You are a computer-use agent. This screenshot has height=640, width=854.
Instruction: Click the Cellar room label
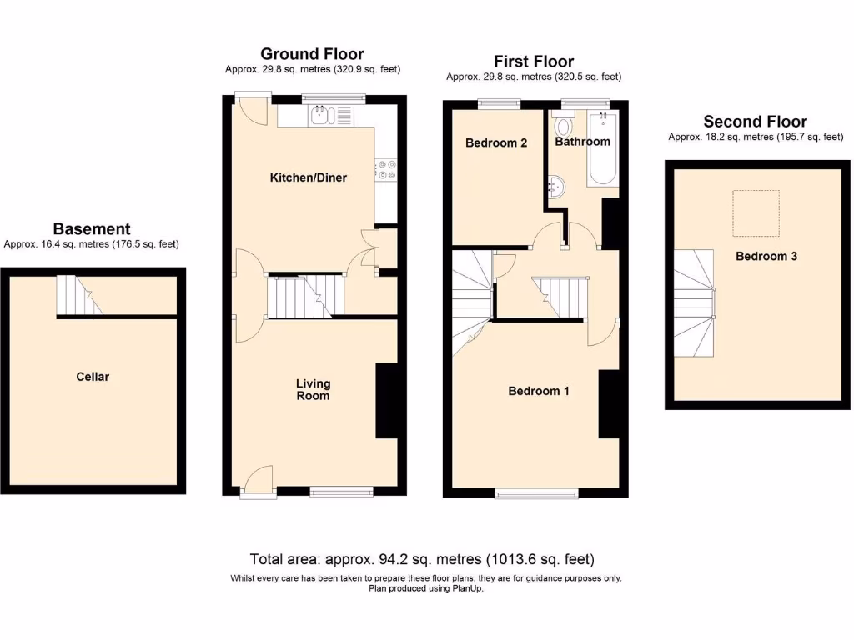[x=93, y=377]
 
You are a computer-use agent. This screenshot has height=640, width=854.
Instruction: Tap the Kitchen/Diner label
[x=308, y=177]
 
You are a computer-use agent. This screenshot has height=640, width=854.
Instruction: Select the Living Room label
[x=314, y=389]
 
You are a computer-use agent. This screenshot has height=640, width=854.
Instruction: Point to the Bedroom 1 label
[x=539, y=391]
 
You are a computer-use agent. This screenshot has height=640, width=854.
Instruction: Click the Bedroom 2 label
[x=496, y=142]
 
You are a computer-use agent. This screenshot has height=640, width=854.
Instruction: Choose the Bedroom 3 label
[x=766, y=256]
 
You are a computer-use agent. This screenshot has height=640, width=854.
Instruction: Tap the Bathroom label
[x=583, y=142]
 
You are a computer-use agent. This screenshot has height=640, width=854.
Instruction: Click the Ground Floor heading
[x=312, y=55]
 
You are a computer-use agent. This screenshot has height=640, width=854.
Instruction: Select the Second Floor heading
[x=755, y=122]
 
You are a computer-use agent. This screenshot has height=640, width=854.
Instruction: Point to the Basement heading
[x=92, y=228]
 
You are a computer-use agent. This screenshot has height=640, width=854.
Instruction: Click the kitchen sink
[x=320, y=116]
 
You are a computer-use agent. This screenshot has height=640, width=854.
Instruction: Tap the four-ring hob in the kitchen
[x=385, y=169]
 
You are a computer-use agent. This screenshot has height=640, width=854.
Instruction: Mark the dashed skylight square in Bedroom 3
[x=756, y=212]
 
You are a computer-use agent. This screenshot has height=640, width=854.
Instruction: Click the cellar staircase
[x=78, y=296]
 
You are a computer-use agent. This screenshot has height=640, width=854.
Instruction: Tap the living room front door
[x=259, y=481]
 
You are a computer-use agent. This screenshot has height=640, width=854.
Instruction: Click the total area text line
[x=422, y=559]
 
